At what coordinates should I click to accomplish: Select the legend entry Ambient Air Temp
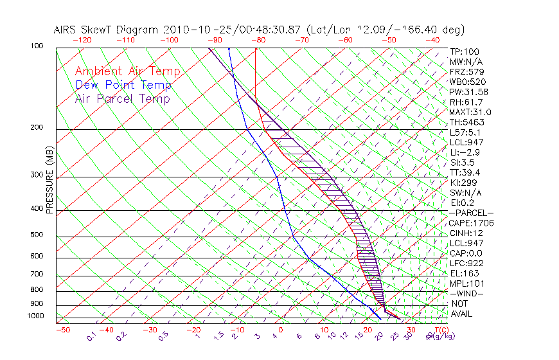tap(127, 72)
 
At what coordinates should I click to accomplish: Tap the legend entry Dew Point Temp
tap(123, 85)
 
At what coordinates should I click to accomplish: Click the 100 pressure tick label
tap(36, 46)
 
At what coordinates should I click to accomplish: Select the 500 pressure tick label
tap(36, 235)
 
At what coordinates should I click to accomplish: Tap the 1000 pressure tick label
tap(36, 316)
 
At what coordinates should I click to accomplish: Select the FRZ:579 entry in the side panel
tap(465, 72)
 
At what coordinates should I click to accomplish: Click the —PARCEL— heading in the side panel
tap(471, 213)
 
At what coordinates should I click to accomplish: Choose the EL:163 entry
tap(463, 273)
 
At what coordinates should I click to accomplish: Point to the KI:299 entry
tap(463, 183)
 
